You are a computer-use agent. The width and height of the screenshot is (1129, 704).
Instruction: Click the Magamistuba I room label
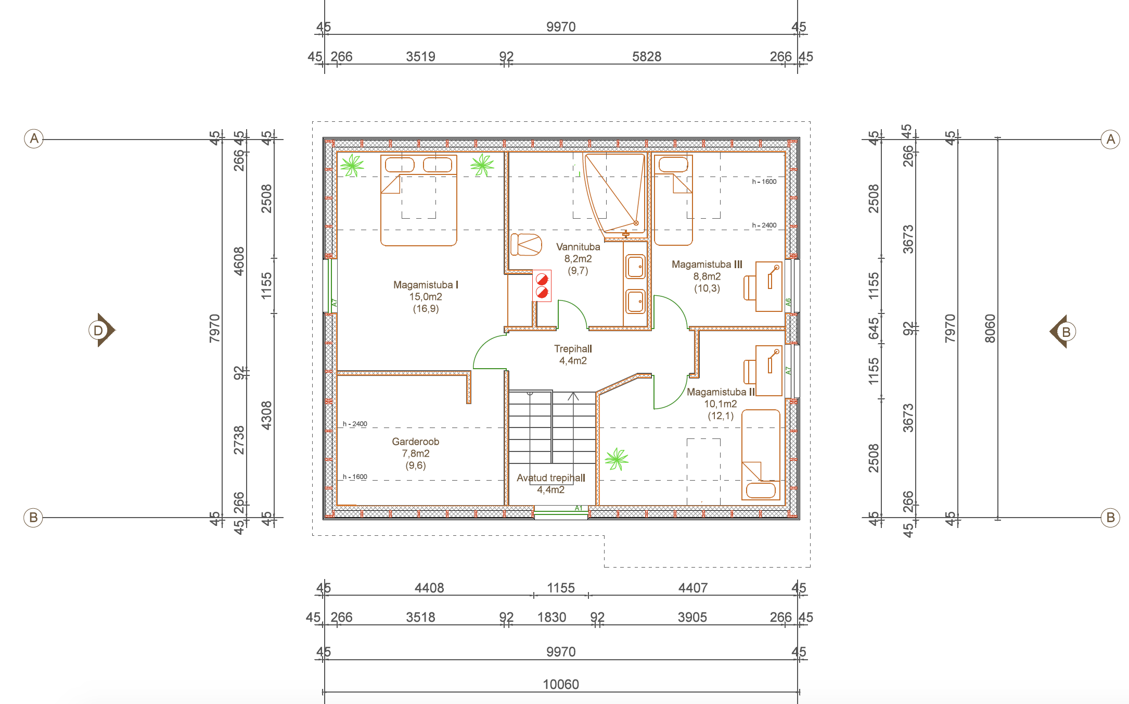coord(426,285)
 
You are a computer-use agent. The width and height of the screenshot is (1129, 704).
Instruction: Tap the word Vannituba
coord(578,247)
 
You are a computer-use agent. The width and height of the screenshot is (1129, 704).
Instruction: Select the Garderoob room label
coord(416,442)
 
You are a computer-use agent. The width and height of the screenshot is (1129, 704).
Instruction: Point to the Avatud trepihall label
coord(551,477)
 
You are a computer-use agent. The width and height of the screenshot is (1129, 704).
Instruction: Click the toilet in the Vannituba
coord(526,244)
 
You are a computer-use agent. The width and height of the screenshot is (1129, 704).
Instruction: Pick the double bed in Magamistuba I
coord(419,200)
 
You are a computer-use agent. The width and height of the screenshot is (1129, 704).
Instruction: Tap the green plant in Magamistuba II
coord(617,459)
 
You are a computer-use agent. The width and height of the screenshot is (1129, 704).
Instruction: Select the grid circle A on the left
coord(34,139)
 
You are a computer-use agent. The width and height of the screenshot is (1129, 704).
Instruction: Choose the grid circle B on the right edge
coord(1110,518)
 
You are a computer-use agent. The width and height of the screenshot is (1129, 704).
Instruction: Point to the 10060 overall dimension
coord(561,684)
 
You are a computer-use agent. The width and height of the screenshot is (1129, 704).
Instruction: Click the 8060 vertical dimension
coord(990,329)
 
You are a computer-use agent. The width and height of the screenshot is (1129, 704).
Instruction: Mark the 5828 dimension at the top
coord(647,57)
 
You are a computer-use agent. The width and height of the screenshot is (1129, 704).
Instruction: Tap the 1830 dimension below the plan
coord(551,618)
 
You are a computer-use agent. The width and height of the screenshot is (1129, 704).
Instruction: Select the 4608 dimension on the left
coord(239,261)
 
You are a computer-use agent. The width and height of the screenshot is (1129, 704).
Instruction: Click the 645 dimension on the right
coord(874,329)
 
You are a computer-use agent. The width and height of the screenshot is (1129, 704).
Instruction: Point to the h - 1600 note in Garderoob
coord(355,477)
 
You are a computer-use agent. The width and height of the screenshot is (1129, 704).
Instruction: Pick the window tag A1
coord(579,508)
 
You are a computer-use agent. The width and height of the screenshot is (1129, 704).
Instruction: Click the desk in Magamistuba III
coord(769,286)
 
